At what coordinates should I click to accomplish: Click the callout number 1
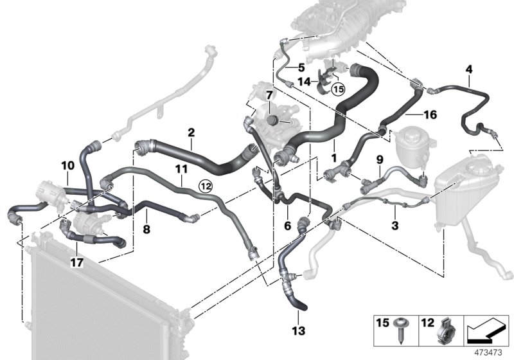[x=333, y=156]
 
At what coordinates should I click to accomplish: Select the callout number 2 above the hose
[x=191, y=132]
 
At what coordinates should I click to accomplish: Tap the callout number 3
[x=395, y=225]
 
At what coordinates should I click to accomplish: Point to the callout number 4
[x=468, y=69]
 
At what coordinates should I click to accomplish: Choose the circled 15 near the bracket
[x=338, y=88]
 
